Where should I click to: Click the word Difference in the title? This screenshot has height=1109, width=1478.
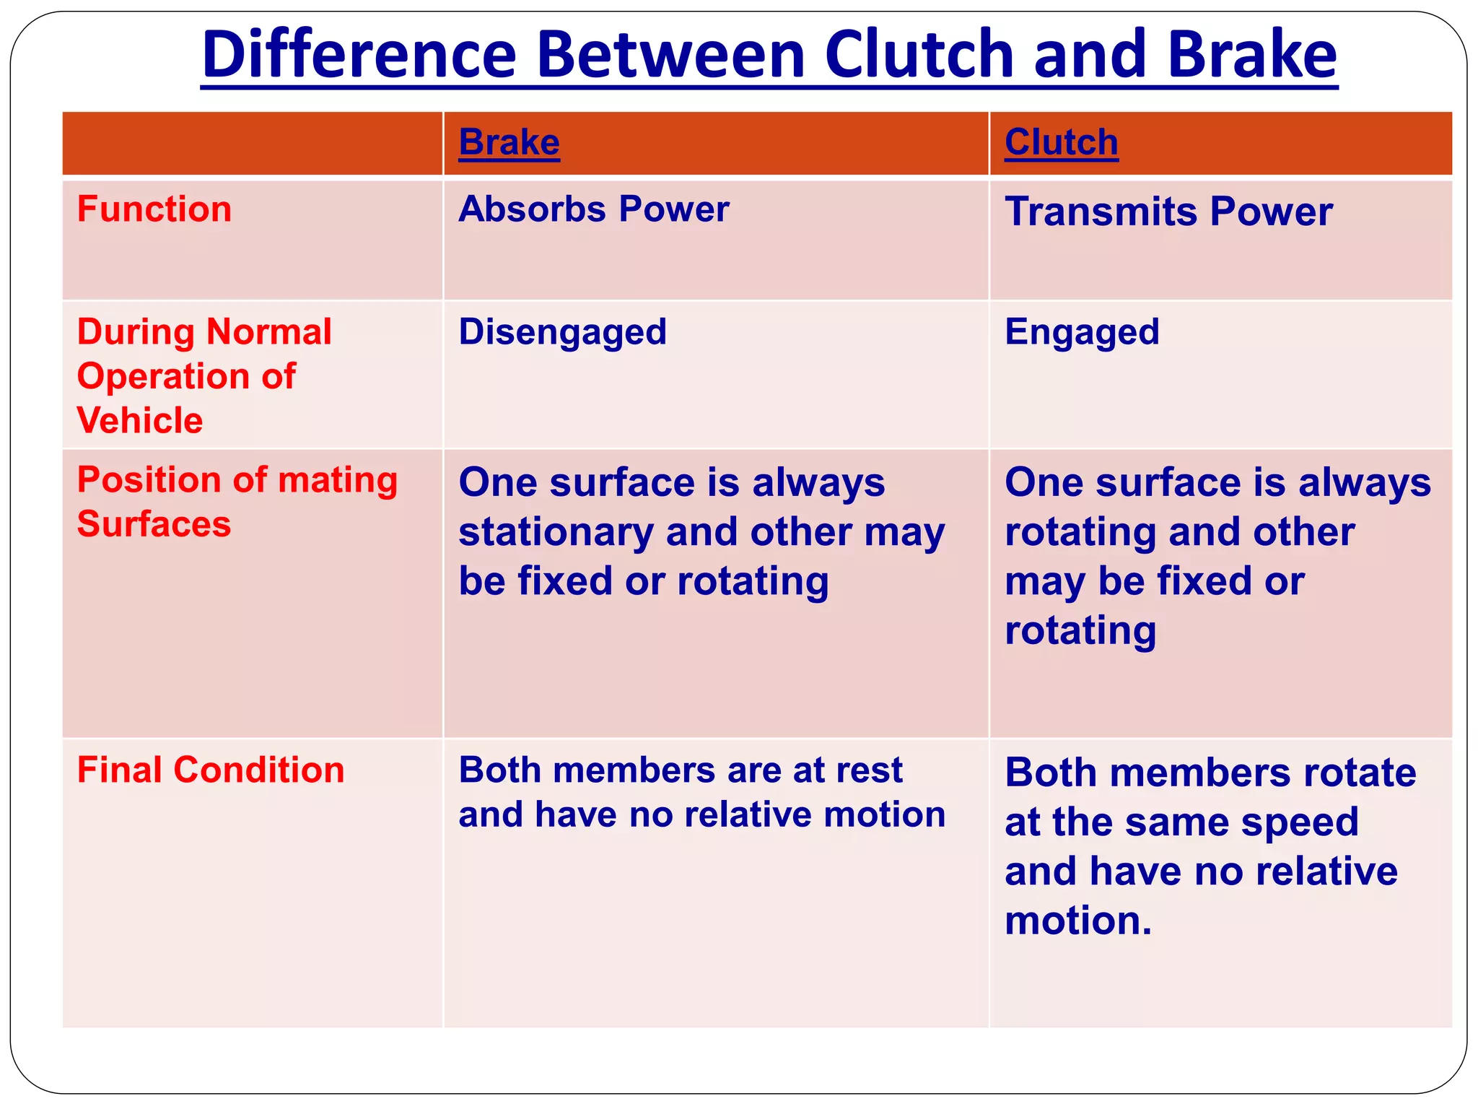click(359, 56)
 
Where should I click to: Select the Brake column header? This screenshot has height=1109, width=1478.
click(509, 142)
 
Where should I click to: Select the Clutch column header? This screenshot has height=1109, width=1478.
click(1061, 142)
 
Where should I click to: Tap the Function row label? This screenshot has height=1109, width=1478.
click(154, 209)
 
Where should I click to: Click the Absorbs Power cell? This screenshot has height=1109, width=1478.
click(593, 209)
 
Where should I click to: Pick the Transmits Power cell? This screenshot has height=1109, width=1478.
click(1168, 212)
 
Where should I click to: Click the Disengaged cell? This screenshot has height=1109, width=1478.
click(562, 332)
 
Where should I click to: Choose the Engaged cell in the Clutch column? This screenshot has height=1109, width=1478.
click(1081, 332)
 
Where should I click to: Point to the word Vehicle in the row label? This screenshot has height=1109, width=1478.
click(140, 420)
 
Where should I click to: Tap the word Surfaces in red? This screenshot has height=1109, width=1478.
click(154, 523)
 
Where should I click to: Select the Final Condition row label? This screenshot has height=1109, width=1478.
click(211, 770)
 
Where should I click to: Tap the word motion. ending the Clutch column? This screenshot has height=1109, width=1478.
click(1078, 921)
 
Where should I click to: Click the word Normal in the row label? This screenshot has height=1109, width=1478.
click(268, 332)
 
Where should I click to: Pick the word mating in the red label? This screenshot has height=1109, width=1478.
click(338, 481)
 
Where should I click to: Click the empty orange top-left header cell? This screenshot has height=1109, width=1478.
click(252, 143)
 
